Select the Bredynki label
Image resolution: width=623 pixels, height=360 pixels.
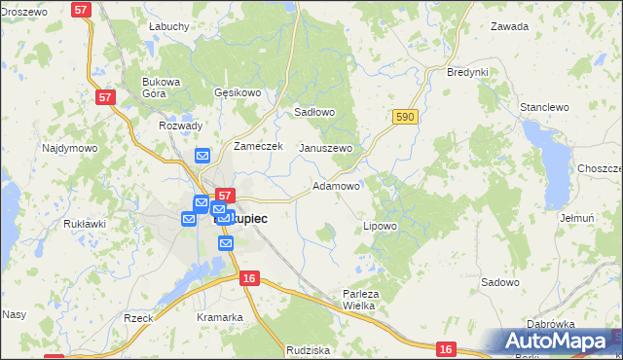[x=466, y=73]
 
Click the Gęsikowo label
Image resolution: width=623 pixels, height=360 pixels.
[x=238, y=93]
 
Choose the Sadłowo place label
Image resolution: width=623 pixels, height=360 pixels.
[x=314, y=112]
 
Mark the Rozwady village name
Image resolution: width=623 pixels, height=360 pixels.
[x=180, y=126]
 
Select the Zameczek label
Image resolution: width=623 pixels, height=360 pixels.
[x=258, y=146]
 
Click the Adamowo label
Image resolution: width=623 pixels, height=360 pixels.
[x=337, y=185]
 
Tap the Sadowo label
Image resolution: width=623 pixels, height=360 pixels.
[x=500, y=282]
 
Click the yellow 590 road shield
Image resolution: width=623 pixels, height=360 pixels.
[x=407, y=117]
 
